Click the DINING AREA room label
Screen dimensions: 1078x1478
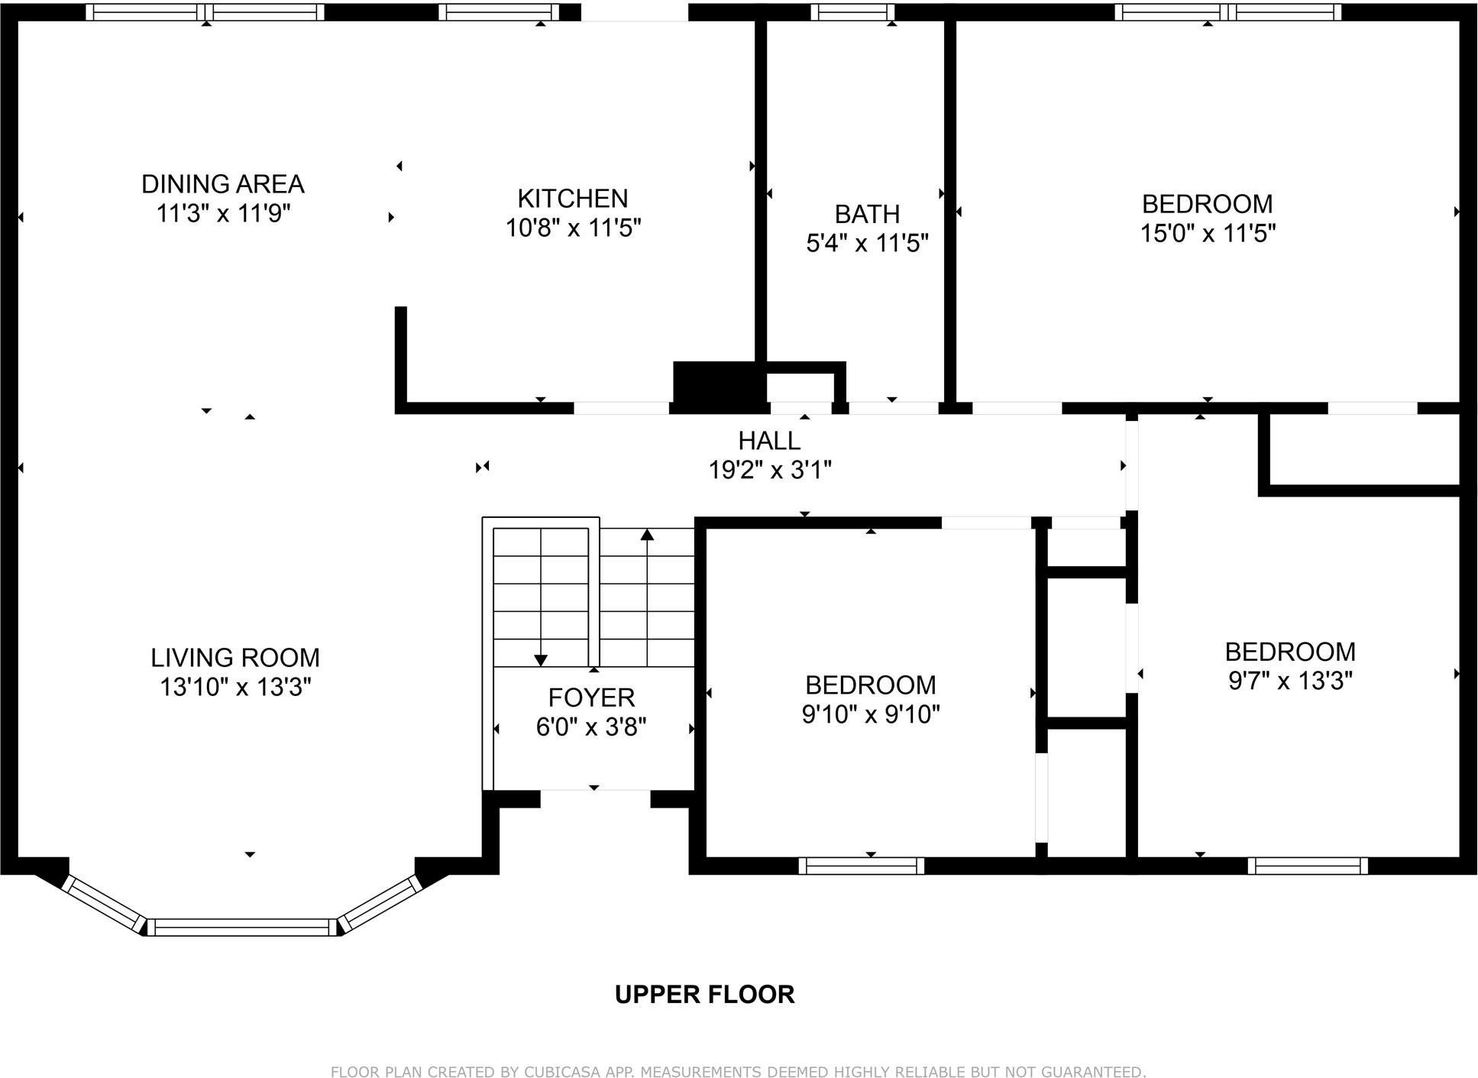(222, 184)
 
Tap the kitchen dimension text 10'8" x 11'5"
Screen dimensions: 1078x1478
(573, 228)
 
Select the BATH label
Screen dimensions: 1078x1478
(867, 214)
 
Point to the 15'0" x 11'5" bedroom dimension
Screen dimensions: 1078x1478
(1207, 233)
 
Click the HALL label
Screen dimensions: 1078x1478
(769, 441)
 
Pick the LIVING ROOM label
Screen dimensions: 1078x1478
(234, 658)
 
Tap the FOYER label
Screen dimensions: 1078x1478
(591, 698)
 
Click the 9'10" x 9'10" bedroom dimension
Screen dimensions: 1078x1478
(870, 714)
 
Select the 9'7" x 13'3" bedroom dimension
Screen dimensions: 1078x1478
(1290, 681)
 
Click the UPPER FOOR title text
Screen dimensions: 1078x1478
(704, 994)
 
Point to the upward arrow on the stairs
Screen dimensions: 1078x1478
(647, 535)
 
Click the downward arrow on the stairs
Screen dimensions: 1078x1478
(541, 659)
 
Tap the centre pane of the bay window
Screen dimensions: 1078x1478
(241, 927)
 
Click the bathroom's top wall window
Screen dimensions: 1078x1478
(852, 12)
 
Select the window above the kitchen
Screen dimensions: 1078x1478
(499, 12)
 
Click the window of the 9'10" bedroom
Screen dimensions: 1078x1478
(862, 866)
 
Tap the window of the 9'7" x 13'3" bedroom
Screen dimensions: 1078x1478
(1308, 866)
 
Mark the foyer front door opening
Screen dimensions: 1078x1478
(595, 798)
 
